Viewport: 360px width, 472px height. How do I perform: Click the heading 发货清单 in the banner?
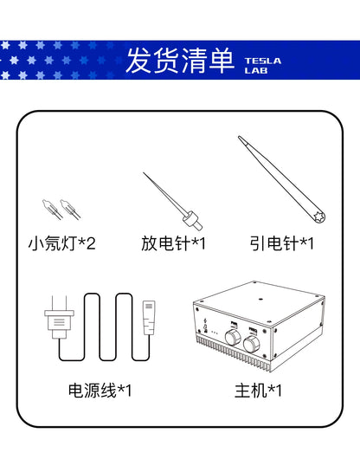pyautogui.click(x=179, y=61)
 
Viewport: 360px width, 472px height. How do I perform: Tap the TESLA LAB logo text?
pyautogui.click(x=263, y=66)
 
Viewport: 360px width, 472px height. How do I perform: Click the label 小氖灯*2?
pyautogui.click(x=62, y=243)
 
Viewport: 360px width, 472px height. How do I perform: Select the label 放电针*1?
pyautogui.click(x=174, y=243)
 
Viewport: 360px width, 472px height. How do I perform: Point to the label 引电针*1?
pyautogui.click(x=281, y=243)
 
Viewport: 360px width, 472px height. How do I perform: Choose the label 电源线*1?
pyautogui.click(x=100, y=391)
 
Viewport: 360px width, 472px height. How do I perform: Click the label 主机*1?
pyautogui.click(x=258, y=391)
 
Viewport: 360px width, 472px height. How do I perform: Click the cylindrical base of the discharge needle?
pyautogui.click(x=192, y=220)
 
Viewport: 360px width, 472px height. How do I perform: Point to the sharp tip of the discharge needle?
pyautogui.click(x=144, y=173)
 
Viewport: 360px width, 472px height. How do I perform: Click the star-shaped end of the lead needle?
pyautogui.click(x=318, y=217)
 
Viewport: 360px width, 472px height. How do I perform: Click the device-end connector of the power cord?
pyautogui.click(x=149, y=317)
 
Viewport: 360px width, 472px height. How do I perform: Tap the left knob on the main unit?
pyautogui.click(x=233, y=337)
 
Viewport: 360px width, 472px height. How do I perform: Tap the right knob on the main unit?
pyautogui.click(x=252, y=344)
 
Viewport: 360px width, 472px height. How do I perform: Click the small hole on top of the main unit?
pyautogui.click(x=260, y=300)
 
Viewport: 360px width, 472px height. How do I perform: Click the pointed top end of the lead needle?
pyautogui.click(x=240, y=138)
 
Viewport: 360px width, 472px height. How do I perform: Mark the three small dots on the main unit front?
pyautogui.click(x=215, y=333)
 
